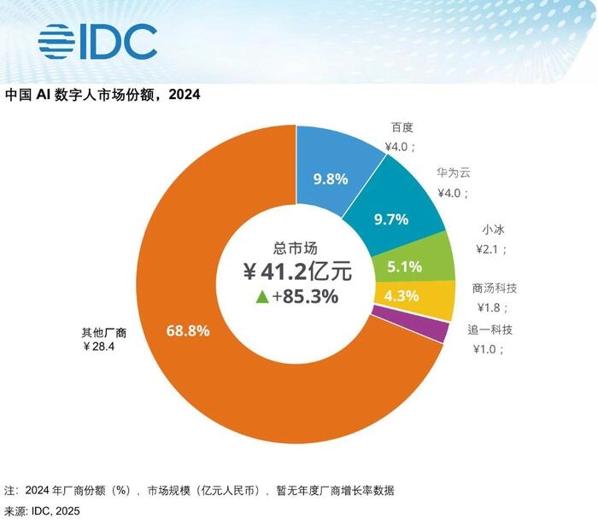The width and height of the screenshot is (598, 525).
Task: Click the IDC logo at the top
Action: click(x=97, y=40)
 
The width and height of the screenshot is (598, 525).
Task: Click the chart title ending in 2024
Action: click(x=103, y=95)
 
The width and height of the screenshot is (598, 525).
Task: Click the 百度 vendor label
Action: click(x=402, y=128)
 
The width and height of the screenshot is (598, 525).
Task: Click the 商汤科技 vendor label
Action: click(x=495, y=289)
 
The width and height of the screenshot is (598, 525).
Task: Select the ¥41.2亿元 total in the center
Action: click(x=296, y=273)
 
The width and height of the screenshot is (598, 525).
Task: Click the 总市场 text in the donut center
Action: click(x=296, y=248)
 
